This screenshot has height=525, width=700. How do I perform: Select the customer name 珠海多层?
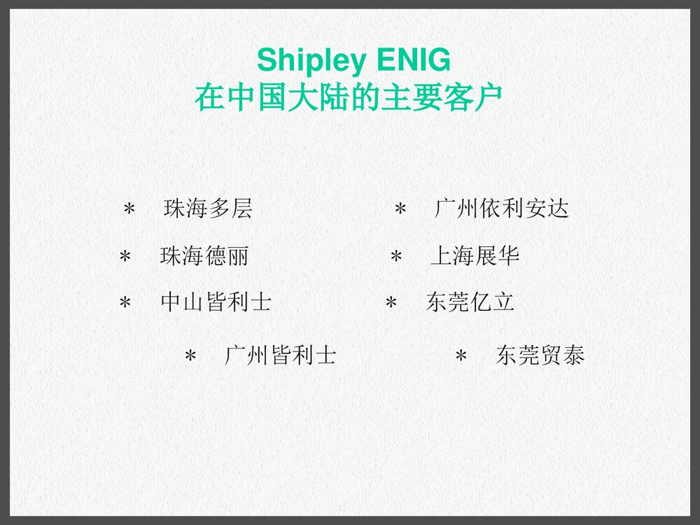(x=208, y=209)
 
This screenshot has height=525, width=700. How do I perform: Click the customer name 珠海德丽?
(x=204, y=256)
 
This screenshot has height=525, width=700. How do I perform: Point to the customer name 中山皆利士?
(x=216, y=302)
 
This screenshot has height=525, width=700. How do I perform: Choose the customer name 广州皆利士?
(x=280, y=356)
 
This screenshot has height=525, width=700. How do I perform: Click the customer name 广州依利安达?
(x=501, y=209)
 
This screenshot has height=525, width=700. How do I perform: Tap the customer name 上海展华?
(x=475, y=256)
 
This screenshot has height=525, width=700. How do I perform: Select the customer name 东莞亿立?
(x=470, y=302)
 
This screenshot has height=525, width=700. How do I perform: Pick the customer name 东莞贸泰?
(x=540, y=356)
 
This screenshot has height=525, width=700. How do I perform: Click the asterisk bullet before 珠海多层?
(x=129, y=209)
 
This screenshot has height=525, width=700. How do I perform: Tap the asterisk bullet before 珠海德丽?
(x=125, y=257)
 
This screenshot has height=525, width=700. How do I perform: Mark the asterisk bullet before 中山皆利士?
(x=125, y=303)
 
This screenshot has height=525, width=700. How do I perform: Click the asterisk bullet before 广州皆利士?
(x=190, y=356)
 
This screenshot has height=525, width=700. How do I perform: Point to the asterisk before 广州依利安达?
(x=400, y=209)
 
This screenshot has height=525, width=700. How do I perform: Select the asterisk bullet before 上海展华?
(x=396, y=257)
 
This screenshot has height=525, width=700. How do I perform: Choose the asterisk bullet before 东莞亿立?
(x=391, y=303)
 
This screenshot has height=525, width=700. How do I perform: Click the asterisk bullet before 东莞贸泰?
(x=461, y=356)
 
